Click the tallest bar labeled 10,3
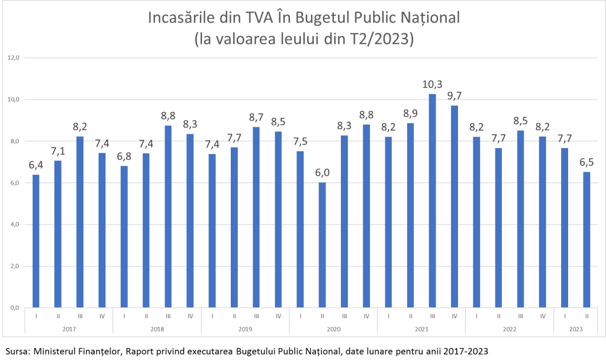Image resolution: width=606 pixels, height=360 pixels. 433,201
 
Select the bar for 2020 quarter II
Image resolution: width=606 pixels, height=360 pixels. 323,245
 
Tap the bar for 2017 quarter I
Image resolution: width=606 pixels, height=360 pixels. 36,241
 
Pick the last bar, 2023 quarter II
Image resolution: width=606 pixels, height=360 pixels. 586,240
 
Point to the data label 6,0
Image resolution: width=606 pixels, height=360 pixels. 323,172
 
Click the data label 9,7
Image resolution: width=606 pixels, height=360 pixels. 454,95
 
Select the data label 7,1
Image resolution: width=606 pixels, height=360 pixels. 58,150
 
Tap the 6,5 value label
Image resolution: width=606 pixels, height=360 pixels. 586,162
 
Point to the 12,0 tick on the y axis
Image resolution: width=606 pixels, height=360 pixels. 14,58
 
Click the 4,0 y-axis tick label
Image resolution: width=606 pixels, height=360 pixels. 14,224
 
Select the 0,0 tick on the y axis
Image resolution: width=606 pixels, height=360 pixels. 14,308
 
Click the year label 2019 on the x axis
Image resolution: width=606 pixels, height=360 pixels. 245,329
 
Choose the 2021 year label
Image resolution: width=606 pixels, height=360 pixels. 421,329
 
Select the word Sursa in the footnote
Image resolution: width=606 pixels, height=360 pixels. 15,351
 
